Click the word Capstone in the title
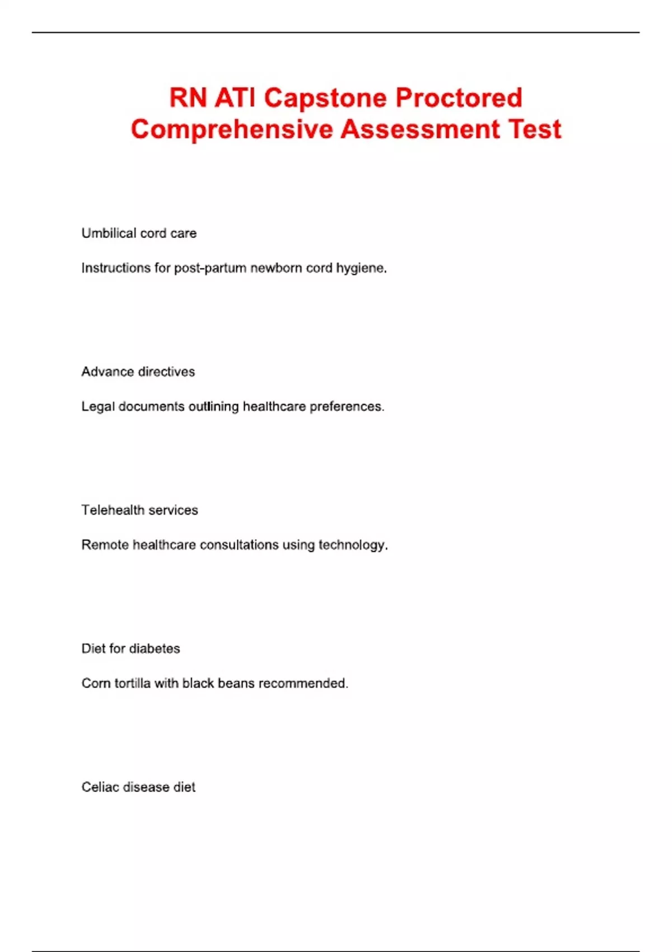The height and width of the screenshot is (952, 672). click(x=325, y=99)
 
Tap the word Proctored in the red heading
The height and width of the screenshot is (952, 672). click(x=459, y=98)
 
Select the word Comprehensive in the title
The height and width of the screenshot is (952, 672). click(x=232, y=129)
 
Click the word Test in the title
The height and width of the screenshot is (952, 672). click(x=534, y=129)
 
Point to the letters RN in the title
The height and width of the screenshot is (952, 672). click(x=188, y=98)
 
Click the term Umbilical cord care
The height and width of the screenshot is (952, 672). click(x=139, y=233)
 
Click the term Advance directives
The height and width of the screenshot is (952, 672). click(x=138, y=372)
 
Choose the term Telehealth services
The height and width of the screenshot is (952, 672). click(x=139, y=510)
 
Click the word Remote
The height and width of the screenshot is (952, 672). click(x=105, y=545)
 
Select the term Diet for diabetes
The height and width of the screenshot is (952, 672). click(x=130, y=648)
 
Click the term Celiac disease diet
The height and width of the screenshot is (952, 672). click(x=138, y=787)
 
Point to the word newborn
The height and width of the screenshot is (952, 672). click(x=276, y=268)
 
